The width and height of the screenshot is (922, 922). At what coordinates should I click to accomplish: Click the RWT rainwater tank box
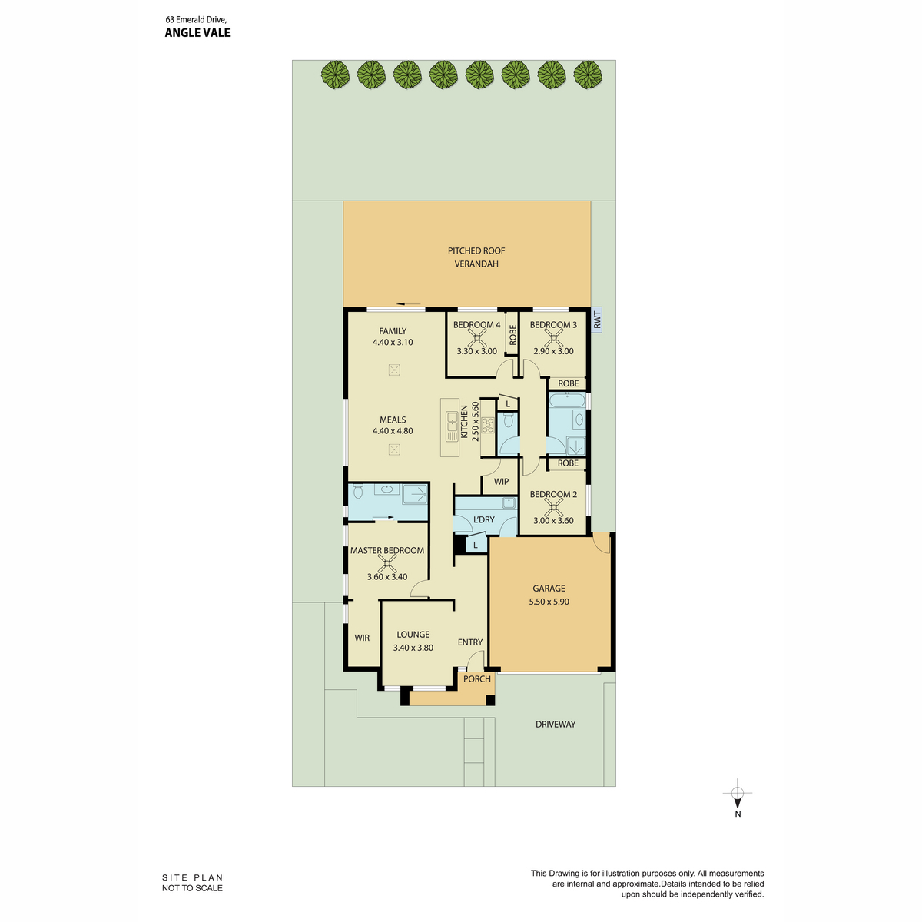click(596, 319)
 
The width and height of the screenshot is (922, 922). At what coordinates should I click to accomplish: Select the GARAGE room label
click(549, 588)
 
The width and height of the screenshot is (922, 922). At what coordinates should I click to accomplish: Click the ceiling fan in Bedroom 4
click(476, 338)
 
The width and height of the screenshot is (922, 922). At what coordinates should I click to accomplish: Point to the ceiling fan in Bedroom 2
click(553, 508)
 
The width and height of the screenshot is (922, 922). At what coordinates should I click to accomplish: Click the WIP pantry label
click(501, 481)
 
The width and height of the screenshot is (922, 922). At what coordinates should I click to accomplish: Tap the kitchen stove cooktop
click(487, 425)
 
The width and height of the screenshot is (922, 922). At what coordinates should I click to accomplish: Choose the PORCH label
click(476, 678)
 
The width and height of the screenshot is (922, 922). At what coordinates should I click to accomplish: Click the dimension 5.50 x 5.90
click(549, 602)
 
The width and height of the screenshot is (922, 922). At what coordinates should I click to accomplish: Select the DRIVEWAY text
click(555, 724)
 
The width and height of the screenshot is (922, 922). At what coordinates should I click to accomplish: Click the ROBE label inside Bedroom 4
click(512, 334)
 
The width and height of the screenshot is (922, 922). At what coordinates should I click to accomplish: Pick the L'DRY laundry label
click(483, 519)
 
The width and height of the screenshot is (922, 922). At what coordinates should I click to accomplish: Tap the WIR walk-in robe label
click(362, 637)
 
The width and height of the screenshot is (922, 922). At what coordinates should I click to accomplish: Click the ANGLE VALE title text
click(197, 32)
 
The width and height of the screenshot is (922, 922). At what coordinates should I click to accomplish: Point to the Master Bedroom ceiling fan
click(386, 565)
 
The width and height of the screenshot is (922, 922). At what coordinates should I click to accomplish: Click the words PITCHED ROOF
click(476, 250)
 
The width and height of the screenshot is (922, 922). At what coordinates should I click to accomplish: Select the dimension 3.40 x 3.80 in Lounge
click(413, 648)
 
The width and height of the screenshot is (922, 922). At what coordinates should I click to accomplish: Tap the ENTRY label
click(470, 642)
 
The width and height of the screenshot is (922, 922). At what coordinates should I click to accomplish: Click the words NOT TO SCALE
click(192, 888)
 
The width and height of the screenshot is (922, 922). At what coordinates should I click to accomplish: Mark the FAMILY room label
click(393, 331)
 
